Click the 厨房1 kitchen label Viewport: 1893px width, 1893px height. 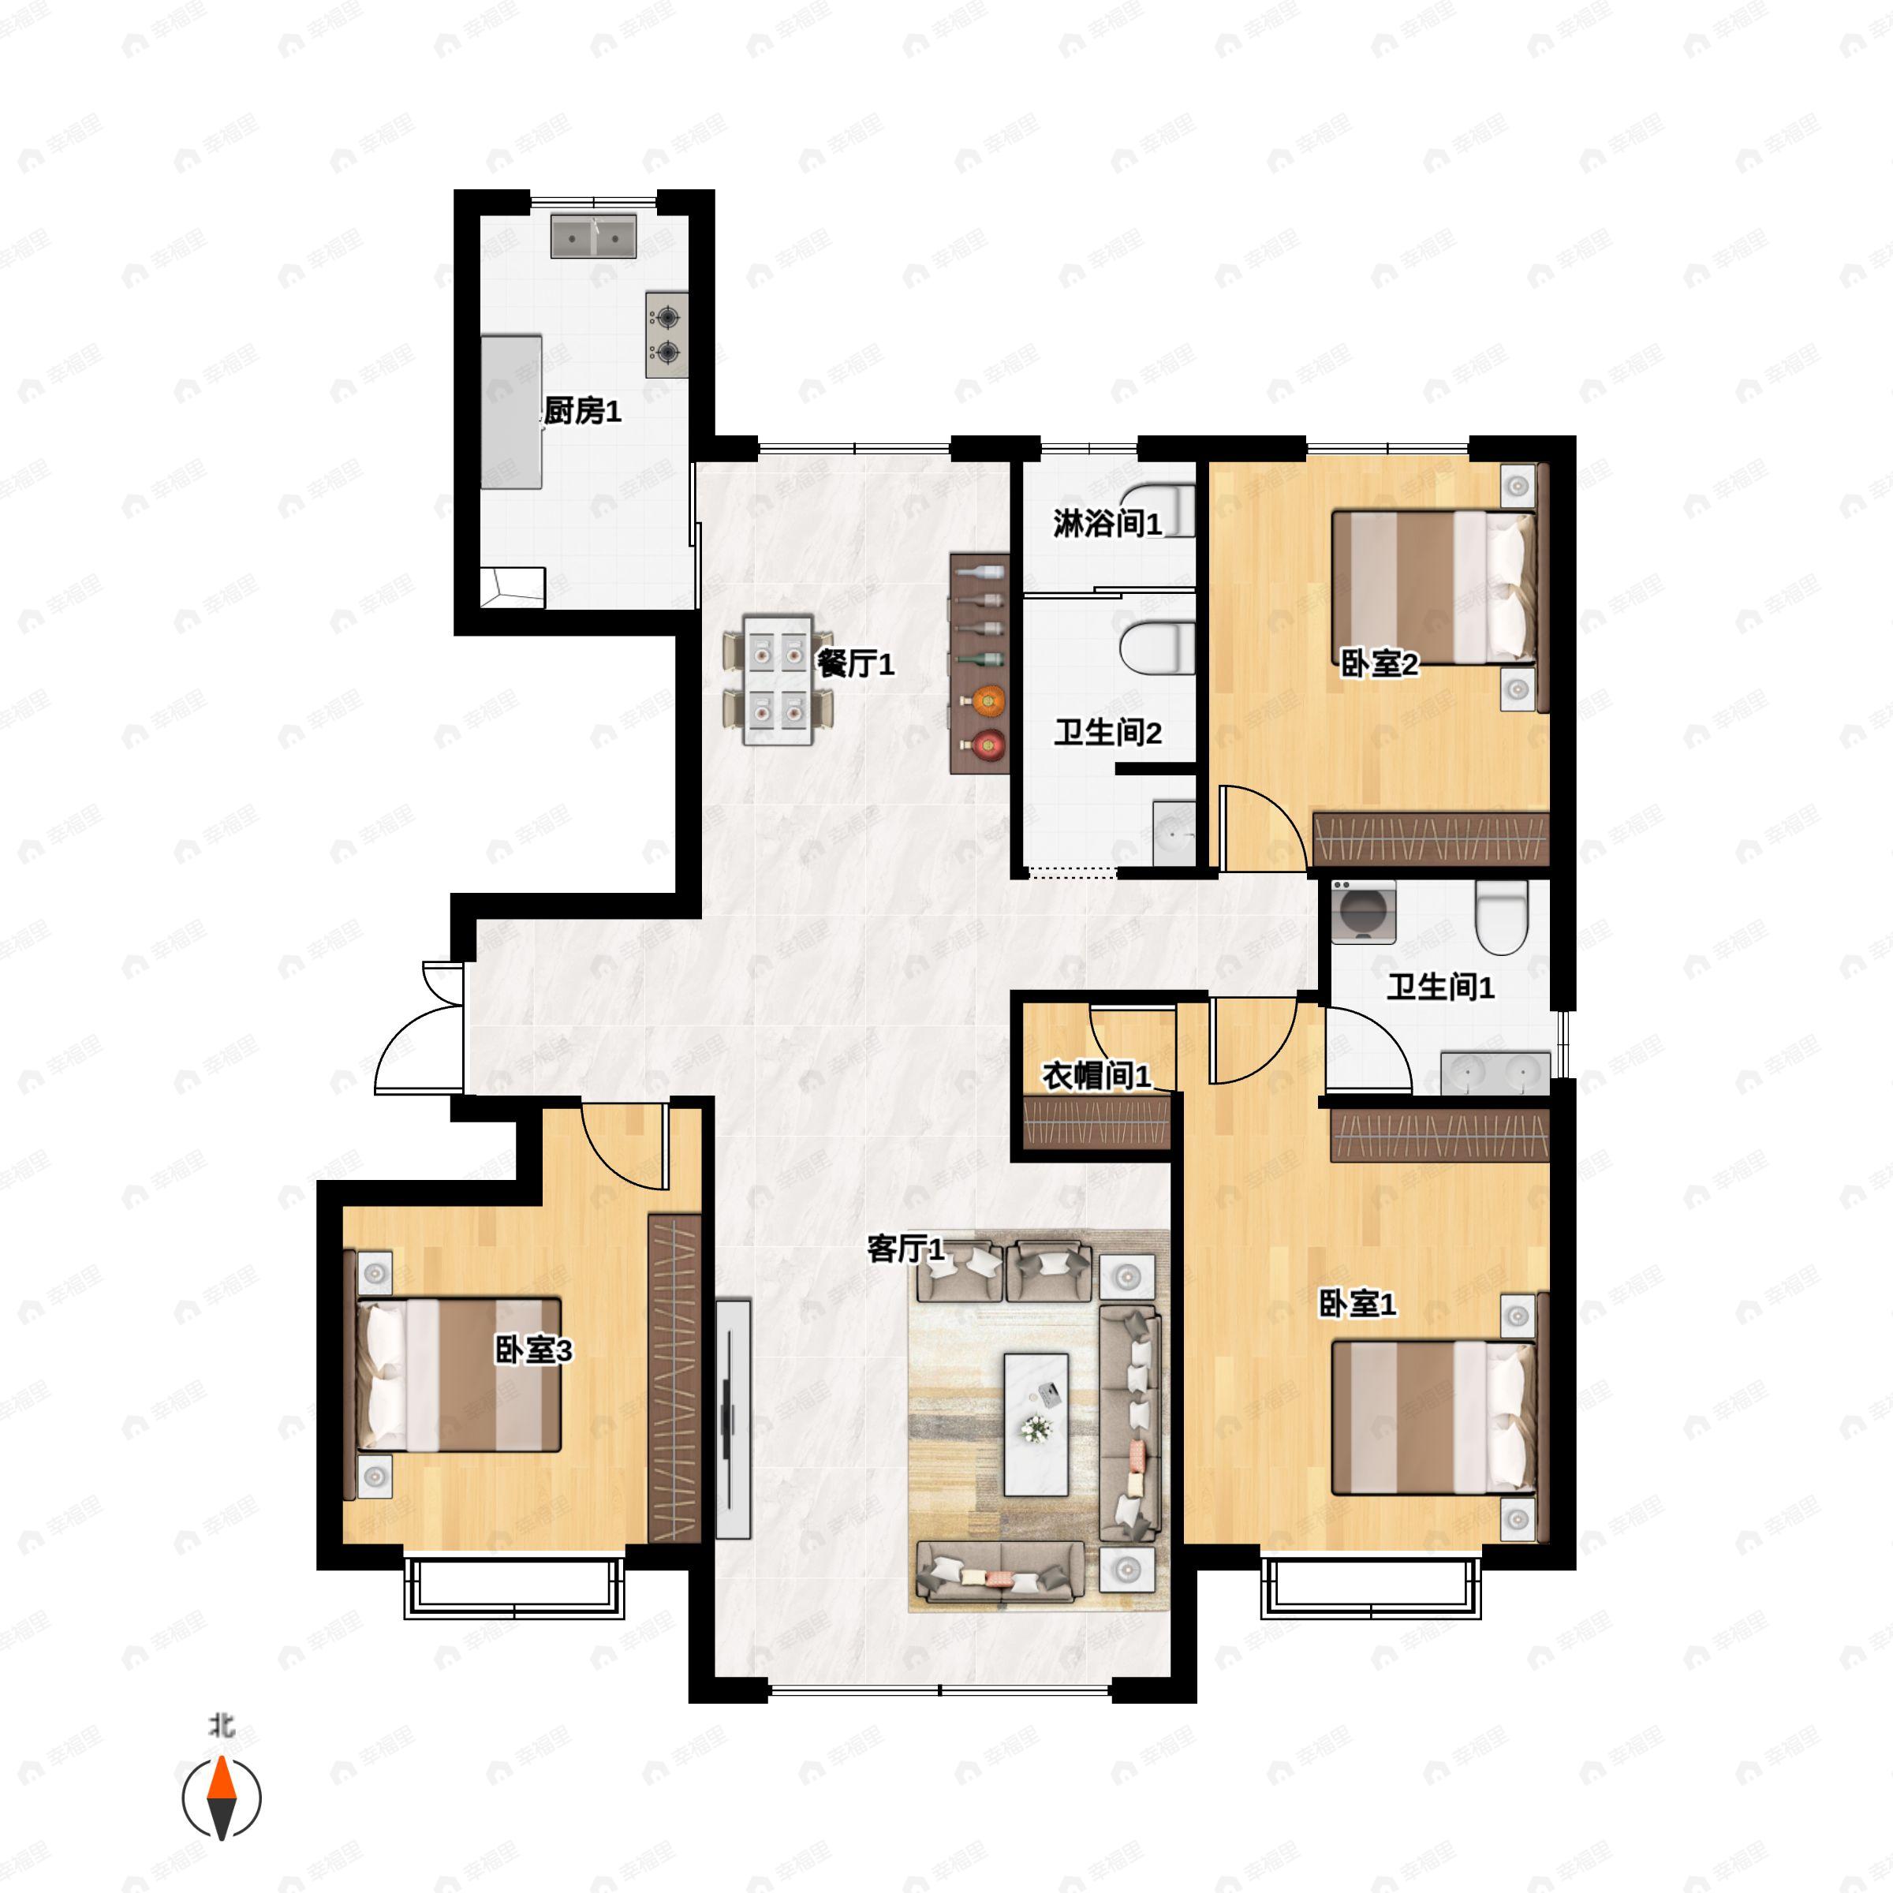coord(582,412)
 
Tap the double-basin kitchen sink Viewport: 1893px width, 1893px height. coord(593,236)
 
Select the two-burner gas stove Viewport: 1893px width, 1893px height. coord(666,334)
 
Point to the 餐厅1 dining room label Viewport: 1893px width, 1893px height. coord(855,664)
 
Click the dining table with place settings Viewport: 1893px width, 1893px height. coord(778,680)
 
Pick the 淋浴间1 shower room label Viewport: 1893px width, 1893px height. coord(1107,525)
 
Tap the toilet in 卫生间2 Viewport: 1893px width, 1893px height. coord(1157,648)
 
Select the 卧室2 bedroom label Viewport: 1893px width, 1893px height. coord(1379,664)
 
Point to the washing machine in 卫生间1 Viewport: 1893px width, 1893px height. coord(1363,911)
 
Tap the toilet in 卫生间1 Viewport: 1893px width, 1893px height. coord(1501,916)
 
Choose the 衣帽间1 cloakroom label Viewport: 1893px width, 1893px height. coord(1096,1076)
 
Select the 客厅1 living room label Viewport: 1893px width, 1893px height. coord(906,1249)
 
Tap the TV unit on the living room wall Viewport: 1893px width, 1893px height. coord(732,1419)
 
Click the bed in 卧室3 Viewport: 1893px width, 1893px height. coord(457,1375)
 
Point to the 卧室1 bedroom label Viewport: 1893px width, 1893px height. coord(1358,1303)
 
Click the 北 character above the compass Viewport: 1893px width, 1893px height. coord(222,1724)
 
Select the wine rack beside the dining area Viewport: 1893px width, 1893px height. coord(980,663)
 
